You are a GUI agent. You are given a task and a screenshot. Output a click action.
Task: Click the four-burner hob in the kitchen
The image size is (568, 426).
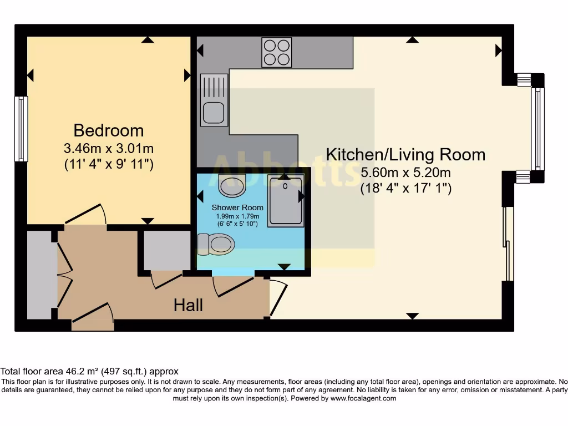click(277, 52)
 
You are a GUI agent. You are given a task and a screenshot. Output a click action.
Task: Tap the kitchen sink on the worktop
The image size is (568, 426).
click(214, 100)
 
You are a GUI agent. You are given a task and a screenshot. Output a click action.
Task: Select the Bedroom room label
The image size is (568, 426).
click(109, 130)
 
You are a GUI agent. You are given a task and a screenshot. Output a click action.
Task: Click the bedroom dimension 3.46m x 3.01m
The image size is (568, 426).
click(109, 149)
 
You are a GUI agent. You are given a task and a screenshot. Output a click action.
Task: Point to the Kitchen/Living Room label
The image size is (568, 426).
click(405, 154)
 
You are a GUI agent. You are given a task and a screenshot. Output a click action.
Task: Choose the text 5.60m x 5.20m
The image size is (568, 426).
click(405, 173)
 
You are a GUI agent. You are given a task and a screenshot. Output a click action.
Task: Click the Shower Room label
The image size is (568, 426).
click(237, 207)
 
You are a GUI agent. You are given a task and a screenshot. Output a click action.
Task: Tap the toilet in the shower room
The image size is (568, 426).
click(216, 244)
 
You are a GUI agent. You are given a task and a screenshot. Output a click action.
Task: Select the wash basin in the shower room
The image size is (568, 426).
click(232, 185)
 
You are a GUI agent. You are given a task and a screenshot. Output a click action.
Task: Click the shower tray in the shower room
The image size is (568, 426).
click(286, 200)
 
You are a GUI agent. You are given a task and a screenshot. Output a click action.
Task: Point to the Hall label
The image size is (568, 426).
click(188, 305)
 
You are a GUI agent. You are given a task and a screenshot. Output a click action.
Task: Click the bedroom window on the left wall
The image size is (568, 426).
click(21, 129)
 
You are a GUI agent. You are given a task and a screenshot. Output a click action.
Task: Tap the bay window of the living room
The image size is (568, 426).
click(537, 128)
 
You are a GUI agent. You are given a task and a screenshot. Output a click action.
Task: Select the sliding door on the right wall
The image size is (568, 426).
click(508, 244)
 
